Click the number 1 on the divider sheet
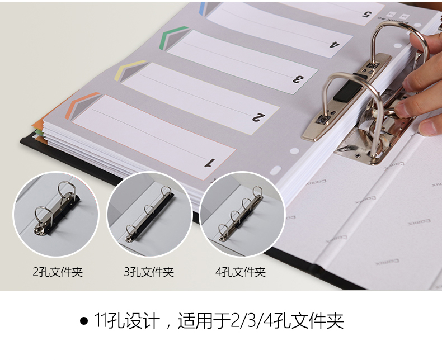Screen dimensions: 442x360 (x=210, y=163)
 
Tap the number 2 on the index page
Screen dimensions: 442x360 (x=258, y=117)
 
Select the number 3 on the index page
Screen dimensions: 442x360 (x=298, y=79)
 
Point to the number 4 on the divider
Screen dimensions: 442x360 (x=335, y=44)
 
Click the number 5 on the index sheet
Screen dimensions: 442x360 (x=366, y=14)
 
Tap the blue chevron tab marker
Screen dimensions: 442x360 (x=204, y=8)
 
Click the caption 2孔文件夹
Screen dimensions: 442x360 (x=58, y=272)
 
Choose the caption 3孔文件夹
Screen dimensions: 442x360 (x=149, y=272)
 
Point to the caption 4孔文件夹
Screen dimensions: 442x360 (x=241, y=272)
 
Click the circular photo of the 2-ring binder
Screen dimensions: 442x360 (x=57, y=214)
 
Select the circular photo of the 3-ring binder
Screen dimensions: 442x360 (x=149, y=214)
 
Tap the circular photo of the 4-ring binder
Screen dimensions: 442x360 (x=242, y=214)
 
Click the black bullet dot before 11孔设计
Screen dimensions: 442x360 (x=84, y=321)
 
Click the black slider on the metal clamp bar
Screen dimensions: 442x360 (x=347, y=91)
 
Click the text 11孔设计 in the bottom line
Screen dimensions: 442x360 (x=127, y=320)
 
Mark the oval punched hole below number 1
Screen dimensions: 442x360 (x=275, y=170)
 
